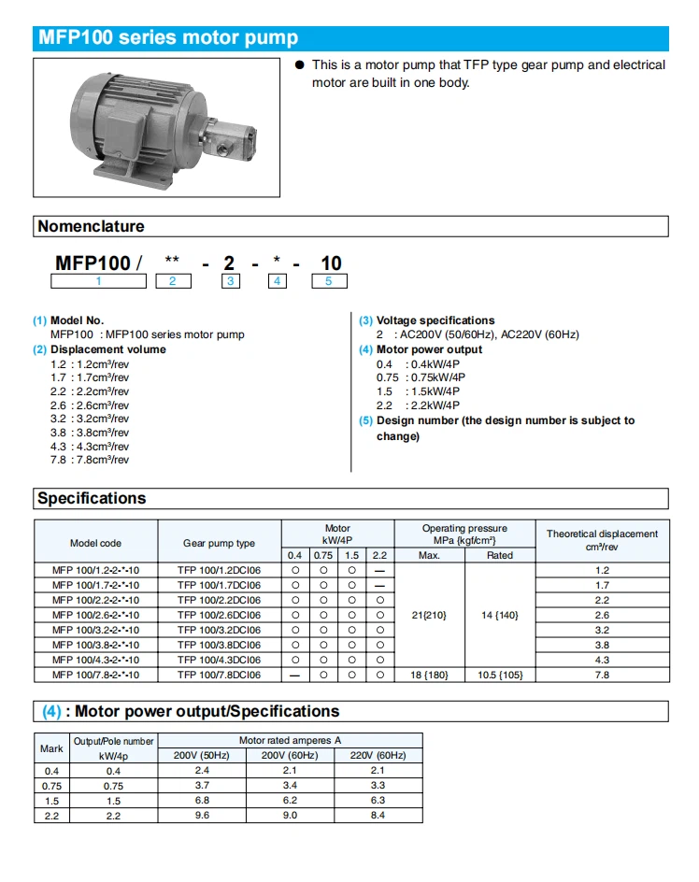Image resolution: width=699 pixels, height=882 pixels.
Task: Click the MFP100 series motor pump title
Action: (167, 38)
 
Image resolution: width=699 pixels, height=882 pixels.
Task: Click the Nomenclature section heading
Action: (91, 226)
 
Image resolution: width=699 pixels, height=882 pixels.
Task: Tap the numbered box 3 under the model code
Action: (230, 280)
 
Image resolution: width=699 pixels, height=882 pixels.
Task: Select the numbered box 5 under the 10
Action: (329, 280)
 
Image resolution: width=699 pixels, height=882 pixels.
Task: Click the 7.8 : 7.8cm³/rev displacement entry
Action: (90, 460)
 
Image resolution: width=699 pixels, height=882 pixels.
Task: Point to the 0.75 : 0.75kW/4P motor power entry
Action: (421, 377)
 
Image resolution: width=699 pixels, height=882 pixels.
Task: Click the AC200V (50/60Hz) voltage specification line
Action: (478, 334)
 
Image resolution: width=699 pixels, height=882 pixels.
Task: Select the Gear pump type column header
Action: (219, 543)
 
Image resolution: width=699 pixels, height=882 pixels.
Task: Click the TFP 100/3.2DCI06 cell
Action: (219, 630)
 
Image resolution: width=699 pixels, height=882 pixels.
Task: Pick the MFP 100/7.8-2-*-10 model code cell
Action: (95, 675)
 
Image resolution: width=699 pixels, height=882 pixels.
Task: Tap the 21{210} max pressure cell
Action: (429, 615)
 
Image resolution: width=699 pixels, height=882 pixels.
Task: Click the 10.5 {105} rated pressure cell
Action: (500, 675)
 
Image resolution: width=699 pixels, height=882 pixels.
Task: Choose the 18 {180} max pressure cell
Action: (429, 675)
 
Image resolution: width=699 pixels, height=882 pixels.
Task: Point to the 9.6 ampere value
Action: (201, 816)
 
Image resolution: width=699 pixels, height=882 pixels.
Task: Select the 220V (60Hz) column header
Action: (378, 755)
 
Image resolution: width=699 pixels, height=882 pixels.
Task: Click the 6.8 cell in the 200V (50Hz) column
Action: (201, 801)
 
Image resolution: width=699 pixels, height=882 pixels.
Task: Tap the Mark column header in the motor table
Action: (51, 748)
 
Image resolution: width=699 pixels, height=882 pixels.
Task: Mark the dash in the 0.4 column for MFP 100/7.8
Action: (295, 675)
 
